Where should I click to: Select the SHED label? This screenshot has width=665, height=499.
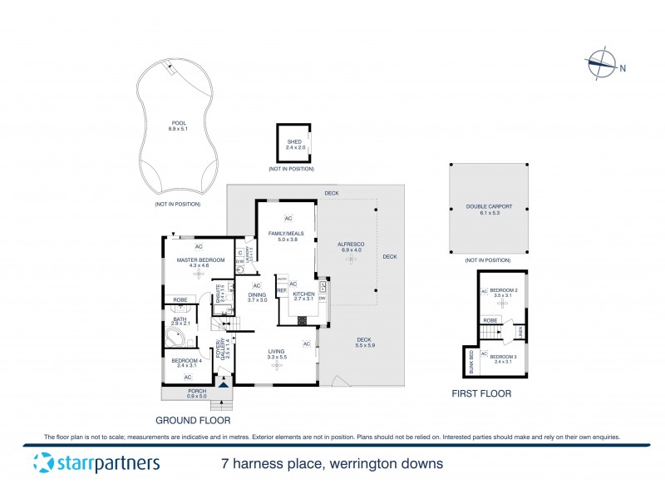point(295,142)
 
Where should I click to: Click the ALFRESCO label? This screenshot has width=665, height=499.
point(349,245)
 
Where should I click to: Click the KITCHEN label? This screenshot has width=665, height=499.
point(304,294)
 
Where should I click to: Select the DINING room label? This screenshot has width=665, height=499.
point(257,295)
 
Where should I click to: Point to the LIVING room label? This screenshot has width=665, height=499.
point(276,351)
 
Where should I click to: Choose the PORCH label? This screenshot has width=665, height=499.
point(196,391)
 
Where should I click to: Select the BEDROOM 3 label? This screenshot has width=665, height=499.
point(505,357)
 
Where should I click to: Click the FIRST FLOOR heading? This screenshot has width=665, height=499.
point(480,393)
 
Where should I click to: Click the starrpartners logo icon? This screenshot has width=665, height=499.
point(42,463)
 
